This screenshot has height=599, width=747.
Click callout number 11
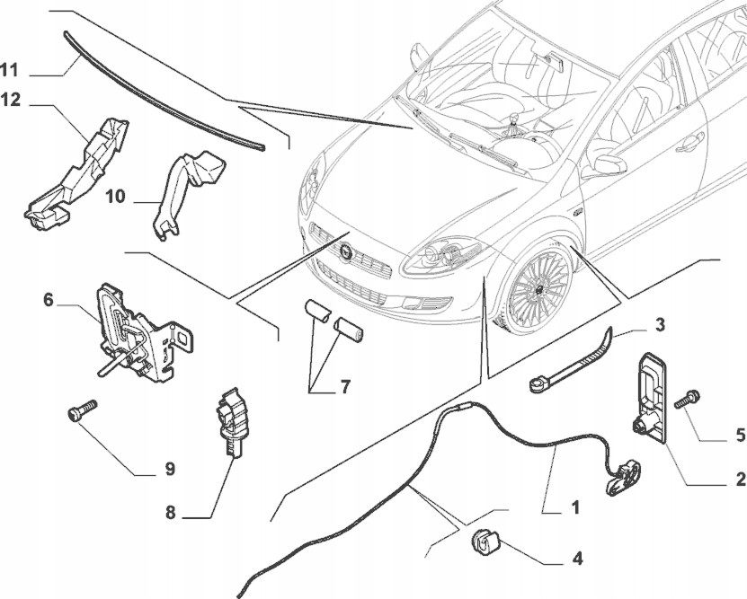coord(9,70)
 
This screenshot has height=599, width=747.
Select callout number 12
coord(11,101)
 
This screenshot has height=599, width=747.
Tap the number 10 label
coord(115,196)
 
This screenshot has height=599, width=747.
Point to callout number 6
coord(49,300)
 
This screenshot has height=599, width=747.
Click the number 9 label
coord(170,469)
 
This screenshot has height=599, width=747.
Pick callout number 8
coord(171,513)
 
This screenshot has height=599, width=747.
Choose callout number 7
coord(344,386)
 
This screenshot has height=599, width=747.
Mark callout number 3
coord(660,325)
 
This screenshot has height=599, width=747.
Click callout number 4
coord(577,558)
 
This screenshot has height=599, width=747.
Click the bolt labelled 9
coord(83,410)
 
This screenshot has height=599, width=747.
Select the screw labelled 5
coord(687,398)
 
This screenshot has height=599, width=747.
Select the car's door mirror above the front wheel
coord(609,164)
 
